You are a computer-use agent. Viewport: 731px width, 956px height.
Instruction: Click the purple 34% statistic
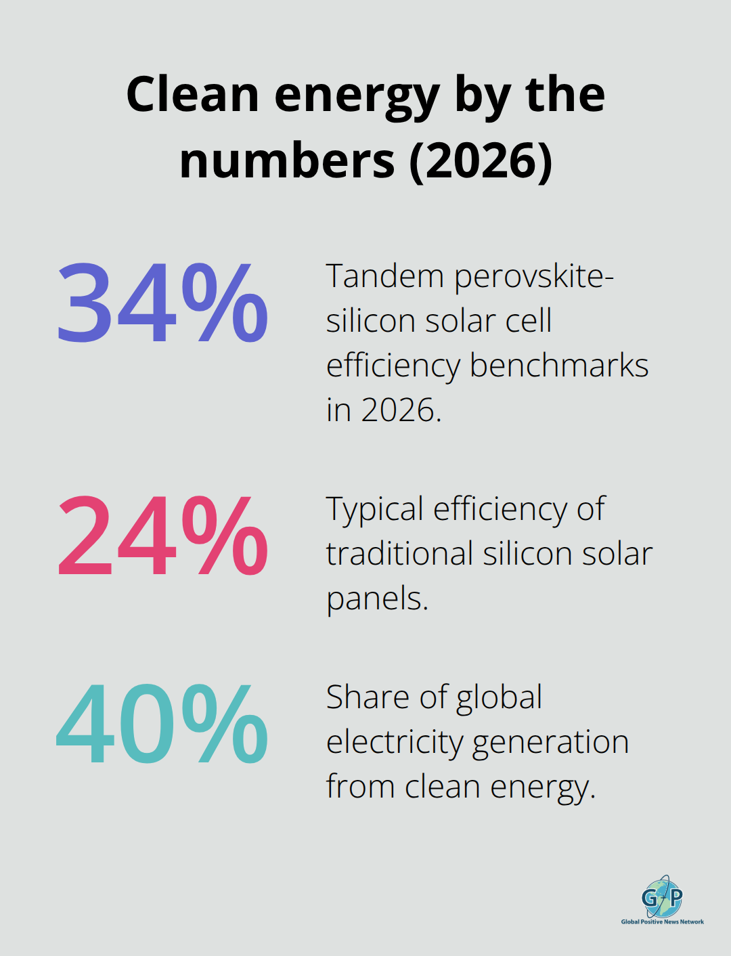pos(162,303)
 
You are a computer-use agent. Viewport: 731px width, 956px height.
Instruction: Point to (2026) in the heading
pos(481,161)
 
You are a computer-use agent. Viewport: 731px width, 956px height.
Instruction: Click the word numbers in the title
pos(287,161)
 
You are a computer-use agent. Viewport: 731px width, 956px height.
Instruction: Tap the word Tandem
pos(384,276)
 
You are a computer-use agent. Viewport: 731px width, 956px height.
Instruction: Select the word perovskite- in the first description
pos(534,278)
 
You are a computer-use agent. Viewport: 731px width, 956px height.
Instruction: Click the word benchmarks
pos(558,366)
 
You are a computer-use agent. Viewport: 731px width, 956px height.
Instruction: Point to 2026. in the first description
pos(401,410)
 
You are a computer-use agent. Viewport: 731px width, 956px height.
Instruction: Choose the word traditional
pos(399,554)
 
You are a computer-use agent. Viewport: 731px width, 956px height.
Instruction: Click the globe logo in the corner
pos(662,897)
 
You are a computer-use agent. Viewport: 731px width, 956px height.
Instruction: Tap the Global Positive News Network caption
pos(662,921)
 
